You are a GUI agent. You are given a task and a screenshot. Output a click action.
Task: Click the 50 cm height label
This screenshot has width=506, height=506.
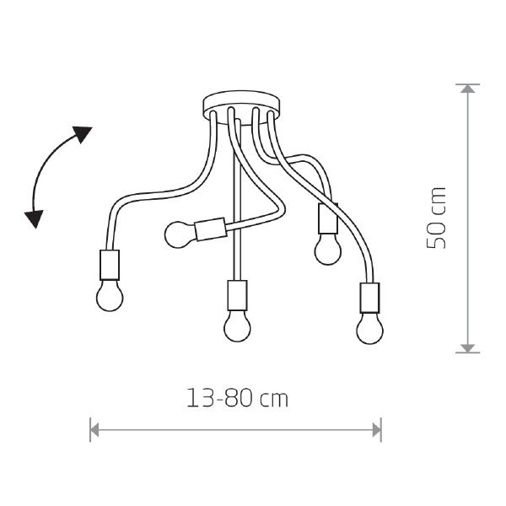pos(436,218)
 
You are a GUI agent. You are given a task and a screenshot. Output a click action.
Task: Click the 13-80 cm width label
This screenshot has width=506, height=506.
pos(238,398)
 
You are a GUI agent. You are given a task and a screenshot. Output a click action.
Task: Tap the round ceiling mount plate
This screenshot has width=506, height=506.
pos(241,107)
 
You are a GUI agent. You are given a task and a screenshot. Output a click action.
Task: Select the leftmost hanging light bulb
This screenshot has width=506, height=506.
pos(110,295)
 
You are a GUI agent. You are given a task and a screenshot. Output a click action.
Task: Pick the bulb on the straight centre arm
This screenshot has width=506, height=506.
pos(237,326)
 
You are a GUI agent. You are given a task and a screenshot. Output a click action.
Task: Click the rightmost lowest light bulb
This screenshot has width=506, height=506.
pos(370,328)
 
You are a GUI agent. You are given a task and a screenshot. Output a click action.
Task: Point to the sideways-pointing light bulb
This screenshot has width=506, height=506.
pos(180,234)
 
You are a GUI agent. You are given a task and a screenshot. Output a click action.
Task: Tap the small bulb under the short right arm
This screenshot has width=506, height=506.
pos(327,249)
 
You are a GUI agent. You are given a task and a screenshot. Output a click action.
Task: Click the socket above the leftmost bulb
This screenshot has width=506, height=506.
pos(110,265)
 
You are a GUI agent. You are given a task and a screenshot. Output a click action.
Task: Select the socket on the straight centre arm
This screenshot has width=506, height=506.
pos(237,295)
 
